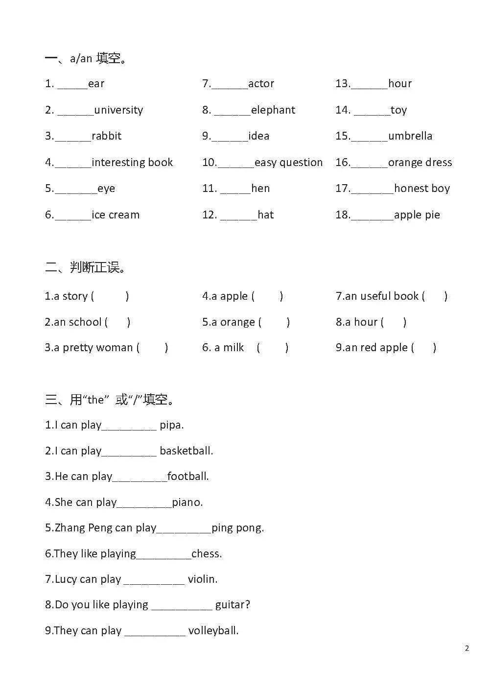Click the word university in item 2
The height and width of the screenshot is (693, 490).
click(118, 110)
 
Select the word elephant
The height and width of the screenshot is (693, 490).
click(273, 110)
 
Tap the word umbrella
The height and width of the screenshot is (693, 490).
click(410, 136)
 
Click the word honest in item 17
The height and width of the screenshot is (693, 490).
click(408, 189)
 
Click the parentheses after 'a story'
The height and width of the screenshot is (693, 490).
click(110, 296)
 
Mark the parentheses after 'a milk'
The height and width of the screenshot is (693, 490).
click(273, 348)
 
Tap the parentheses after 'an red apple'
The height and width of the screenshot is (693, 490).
click(424, 348)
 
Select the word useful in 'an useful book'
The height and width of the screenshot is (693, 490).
click(375, 296)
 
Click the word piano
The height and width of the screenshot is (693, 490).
click(187, 502)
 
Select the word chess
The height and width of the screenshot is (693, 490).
click(207, 554)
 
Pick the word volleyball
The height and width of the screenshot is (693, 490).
click(213, 631)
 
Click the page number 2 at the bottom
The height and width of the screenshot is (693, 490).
click(467, 648)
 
